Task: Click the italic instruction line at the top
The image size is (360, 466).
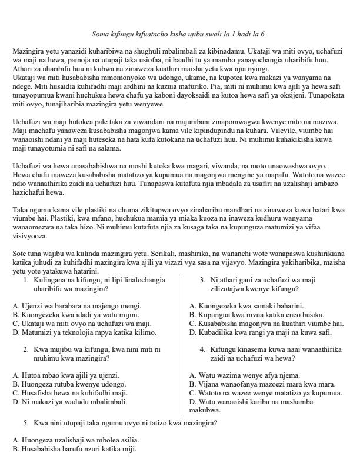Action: tap(179, 34)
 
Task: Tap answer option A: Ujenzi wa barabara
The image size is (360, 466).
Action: tap(77, 306)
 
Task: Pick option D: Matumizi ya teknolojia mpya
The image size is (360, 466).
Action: tap(80, 332)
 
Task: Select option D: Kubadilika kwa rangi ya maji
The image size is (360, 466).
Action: tap(256, 332)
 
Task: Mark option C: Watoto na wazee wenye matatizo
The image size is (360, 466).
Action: tap(266, 392)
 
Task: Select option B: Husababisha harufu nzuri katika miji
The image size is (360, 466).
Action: tap(74, 448)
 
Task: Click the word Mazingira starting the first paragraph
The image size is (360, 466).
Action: tap(28, 52)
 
